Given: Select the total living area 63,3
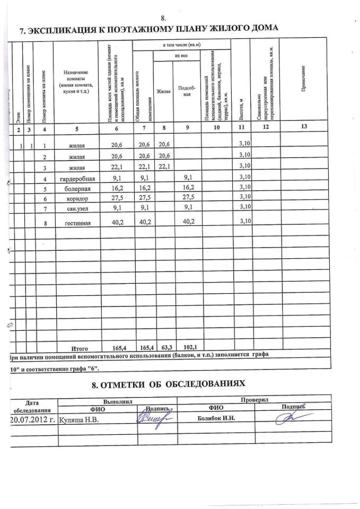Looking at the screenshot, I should click(x=165, y=347).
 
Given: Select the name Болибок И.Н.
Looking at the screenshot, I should click(x=215, y=418).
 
